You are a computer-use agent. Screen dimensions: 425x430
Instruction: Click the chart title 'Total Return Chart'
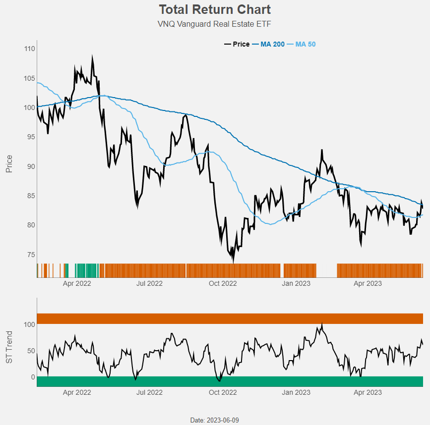[x=215, y=9]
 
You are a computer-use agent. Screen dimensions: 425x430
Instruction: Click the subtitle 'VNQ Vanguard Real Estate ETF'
[x=215, y=24]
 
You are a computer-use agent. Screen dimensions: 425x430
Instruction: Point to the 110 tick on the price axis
[x=29, y=49]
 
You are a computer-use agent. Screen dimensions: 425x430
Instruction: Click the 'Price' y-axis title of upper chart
[x=9, y=164]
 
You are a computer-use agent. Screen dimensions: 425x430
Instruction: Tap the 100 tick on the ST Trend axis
[x=29, y=324]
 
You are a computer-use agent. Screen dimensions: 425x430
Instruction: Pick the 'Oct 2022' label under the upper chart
[x=223, y=283]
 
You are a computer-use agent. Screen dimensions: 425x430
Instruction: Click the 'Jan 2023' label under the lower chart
[x=296, y=392]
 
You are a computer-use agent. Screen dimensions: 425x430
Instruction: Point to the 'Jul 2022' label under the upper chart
[x=149, y=283]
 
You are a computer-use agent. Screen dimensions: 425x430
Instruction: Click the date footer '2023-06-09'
[x=215, y=420]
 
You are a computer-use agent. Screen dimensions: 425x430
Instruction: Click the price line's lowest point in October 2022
[x=233, y=262]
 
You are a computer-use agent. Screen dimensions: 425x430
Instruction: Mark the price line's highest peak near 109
[x=92, y=56]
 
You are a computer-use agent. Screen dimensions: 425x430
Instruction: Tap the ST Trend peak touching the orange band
[x=321, y=324]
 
